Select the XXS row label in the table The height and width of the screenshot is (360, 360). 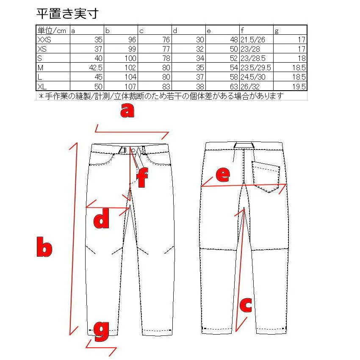[x=44, y=39]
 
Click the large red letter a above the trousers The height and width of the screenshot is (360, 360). [x=127, y=111]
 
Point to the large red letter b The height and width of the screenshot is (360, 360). [x=44, y=249]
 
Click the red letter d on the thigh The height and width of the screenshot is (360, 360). [x=101, y=220]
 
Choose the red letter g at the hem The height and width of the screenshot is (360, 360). [x=101, y=331]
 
